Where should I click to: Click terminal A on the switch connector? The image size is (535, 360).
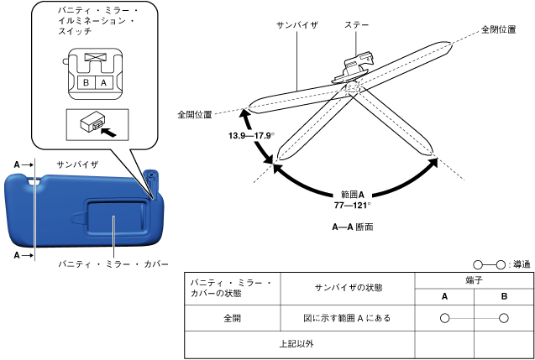pyautogui.click(x=102, y=83)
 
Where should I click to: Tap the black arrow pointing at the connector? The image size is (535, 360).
pyautogui.click(x=108, y=131)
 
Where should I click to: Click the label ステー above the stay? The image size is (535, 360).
pyautogui.click(x=358, y=27)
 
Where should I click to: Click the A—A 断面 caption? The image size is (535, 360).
pyautogui.click(x=352, y=227)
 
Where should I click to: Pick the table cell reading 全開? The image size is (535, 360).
pyautogui.click(x=232, y=318)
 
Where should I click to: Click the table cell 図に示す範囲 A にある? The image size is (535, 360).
pyautogui.click(x=347, y=318)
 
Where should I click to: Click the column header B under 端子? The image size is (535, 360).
pyautogui.click(x=503, y=295)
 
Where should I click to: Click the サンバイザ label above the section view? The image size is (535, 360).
pyautogui.click(x=296, y=27)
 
